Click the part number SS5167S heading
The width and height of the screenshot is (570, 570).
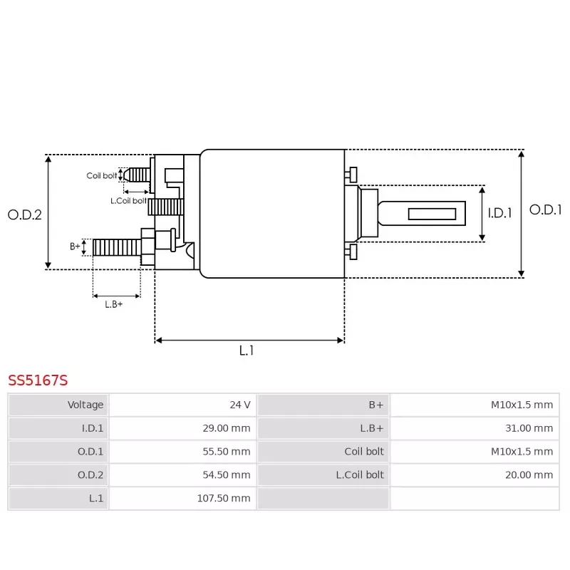tap(38, 380)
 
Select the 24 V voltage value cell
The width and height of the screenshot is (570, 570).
tap(239, 405)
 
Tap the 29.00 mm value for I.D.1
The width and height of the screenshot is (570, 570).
tap(227, 428)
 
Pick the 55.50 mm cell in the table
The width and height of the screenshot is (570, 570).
tap(227, 452)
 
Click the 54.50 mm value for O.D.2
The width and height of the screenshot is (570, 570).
tap(227, 475)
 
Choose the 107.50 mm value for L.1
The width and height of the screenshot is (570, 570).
tap(224, 499)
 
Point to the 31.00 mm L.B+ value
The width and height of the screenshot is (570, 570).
tap(529, 428)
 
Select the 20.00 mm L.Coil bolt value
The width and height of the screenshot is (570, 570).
tap(529, 475)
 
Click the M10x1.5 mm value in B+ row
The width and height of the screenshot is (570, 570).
tap(522, 405)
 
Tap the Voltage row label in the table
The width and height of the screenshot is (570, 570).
tap(85, 405)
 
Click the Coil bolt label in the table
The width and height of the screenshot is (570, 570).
tap(364, 452)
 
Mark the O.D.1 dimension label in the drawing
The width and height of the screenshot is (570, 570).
tap(546, 210)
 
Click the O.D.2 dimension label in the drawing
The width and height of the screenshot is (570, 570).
tap(25, 214)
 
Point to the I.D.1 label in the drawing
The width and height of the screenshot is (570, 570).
tap(499, 212)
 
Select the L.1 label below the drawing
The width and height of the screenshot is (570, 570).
tap(247, 351)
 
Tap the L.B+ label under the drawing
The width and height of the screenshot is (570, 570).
tap(114, 304)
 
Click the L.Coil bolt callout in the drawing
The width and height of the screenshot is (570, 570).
tap(128, 201)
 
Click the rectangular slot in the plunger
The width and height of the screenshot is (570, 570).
tap(432, 214)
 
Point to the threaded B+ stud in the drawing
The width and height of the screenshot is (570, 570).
tap(117, 247)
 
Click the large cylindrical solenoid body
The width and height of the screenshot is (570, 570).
tap(272, 214)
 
